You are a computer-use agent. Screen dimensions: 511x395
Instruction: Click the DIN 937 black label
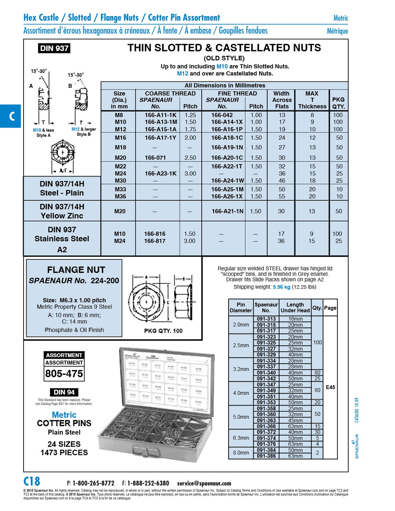pyautogui.click(x=54, y=48)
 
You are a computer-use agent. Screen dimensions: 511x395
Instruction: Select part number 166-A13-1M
pyautogui.click(x=161, y=122)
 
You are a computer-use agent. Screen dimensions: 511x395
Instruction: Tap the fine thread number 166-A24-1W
pyautogui.click(x=227, y=180)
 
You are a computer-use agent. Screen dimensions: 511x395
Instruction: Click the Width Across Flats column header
pyautogui.click(x=282, y=100)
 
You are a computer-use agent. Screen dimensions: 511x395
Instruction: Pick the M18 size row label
pyautogui.click(x=120, y=147)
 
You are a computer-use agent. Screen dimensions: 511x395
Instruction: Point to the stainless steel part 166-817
pyautogui.click(x=155, y=241)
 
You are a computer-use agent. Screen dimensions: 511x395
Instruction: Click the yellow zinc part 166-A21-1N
pyautogui.click(x=227, y=211)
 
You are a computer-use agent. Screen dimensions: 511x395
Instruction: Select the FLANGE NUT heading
pyautogui.click(x=76, y=270)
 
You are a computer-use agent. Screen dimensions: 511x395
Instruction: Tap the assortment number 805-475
pyautogui.click(x=64, y=374)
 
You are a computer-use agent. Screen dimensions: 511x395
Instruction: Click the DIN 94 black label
pyautogui.click(x=64, y=392)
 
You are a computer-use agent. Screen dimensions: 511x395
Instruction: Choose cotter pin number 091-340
pyautogui.click(x=266, y=372)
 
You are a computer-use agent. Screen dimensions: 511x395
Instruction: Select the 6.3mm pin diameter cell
pyautogui.click(x=241, y=438)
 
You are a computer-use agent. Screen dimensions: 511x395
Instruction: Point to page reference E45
pyautogui.click(x=330, y=387)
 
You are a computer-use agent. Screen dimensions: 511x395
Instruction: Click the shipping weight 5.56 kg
pyautogui.click(x=282, y=287)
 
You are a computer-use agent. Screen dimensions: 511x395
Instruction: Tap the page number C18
pyautogui.click(x=32, y=481)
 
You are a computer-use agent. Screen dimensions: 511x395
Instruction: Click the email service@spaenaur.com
pyautogui.click(x=204, y=483)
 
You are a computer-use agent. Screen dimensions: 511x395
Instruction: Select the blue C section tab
pyautogui.click(x=11, y=116)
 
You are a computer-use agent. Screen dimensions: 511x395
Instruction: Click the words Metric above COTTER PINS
pyautogui.click(x=64, y=415)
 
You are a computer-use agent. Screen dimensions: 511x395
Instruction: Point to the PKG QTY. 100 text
pyautogui.click(x=163, y=331)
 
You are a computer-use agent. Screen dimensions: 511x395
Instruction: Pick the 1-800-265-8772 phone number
pyautogui.click(x=93, y=483)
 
